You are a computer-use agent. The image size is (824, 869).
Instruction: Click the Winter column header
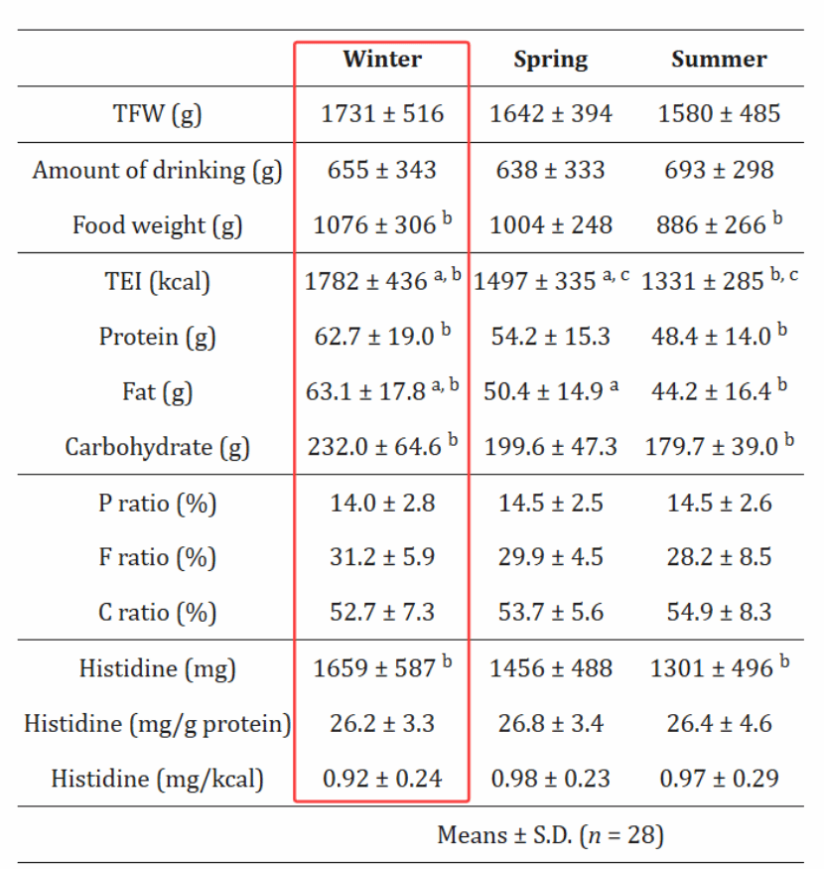coord(382,60)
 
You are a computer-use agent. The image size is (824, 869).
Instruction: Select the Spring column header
coord(550,60)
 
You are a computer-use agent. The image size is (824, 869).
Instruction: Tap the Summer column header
coord(719,60)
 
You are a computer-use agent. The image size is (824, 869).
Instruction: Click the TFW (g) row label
coord(157,114)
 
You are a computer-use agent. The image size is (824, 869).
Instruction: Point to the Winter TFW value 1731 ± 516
coord(382,114)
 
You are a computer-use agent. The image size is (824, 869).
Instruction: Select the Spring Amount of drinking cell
coord(550,170)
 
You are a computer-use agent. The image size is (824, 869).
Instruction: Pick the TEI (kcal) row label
coord(157,282)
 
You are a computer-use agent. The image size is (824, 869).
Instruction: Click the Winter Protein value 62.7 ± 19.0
coord(374,337)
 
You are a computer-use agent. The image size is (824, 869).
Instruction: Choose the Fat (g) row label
coord(157,392)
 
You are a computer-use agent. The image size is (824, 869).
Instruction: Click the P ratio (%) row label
coord(157,504)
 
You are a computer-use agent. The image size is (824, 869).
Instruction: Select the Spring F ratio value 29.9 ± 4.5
coord(550,557)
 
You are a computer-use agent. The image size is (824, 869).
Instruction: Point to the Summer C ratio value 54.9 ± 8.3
coord(719,612)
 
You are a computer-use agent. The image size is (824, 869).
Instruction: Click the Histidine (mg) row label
coord(157,668)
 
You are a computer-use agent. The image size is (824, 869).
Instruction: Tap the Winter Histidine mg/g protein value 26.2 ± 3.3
coord(382,723)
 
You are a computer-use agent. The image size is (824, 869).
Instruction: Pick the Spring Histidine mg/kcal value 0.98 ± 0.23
coord(550,779)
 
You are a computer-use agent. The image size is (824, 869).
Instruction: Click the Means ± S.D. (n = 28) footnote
coord(550,835)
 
